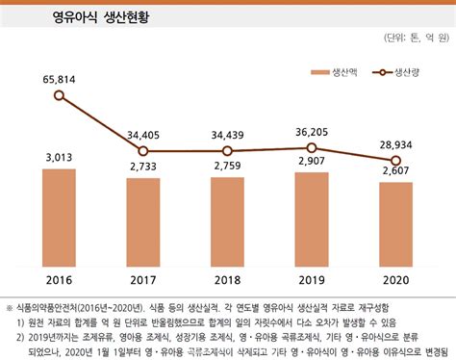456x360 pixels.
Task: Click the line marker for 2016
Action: point(60,95)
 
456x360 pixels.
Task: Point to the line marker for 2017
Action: point(143,150)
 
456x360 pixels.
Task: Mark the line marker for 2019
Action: point(311,147)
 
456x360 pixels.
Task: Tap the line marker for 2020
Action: point(395,160)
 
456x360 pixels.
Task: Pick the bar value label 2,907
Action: point(311,163)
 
